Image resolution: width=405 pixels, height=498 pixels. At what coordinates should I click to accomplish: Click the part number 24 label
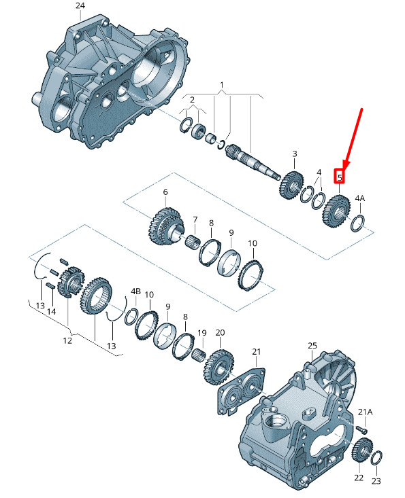pos(80,5)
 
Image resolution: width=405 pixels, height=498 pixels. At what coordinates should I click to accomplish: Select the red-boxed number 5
pos(340,177)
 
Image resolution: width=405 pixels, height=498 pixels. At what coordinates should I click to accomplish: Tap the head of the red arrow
pos(346,166)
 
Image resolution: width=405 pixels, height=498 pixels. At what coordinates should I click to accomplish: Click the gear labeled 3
pos(291,185)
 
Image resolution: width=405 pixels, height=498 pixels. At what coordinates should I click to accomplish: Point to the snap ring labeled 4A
pos(358,223)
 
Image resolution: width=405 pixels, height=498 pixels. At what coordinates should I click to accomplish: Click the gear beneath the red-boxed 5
pos(336,211)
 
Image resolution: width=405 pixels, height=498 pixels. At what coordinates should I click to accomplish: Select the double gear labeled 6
pos(166,226)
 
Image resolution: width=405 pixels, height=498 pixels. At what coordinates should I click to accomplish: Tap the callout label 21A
pos(365,412)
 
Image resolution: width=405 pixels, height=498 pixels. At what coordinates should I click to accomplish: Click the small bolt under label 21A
pos(363,430)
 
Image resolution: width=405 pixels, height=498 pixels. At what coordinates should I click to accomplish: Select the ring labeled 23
pos(376,458)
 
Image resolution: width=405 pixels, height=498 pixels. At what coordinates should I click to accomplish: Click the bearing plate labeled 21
pos(241,390)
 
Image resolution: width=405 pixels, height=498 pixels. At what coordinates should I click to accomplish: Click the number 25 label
pos(312,345)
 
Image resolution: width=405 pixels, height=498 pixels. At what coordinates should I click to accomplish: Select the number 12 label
pos(67,340)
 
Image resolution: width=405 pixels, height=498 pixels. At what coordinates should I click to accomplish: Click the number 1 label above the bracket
pos(222,85)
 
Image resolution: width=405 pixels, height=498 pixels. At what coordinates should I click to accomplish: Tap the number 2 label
pos(192,99)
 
